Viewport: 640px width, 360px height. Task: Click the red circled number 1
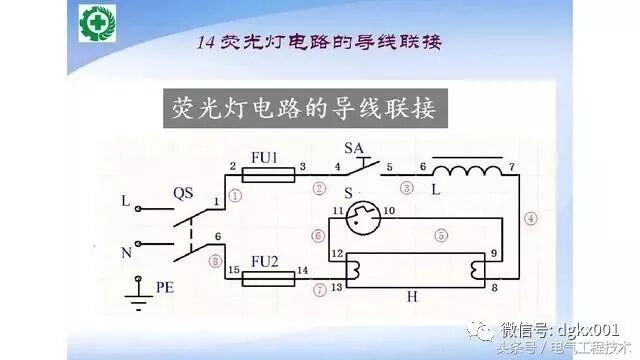click(x=236, y=195)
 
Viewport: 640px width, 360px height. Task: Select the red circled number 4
click(x=530, y=218)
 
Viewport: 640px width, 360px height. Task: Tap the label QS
click(x=182, y=189)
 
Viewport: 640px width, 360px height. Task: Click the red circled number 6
click(x=317, y=236)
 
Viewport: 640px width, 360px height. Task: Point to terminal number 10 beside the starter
click(x=390, y=211)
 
